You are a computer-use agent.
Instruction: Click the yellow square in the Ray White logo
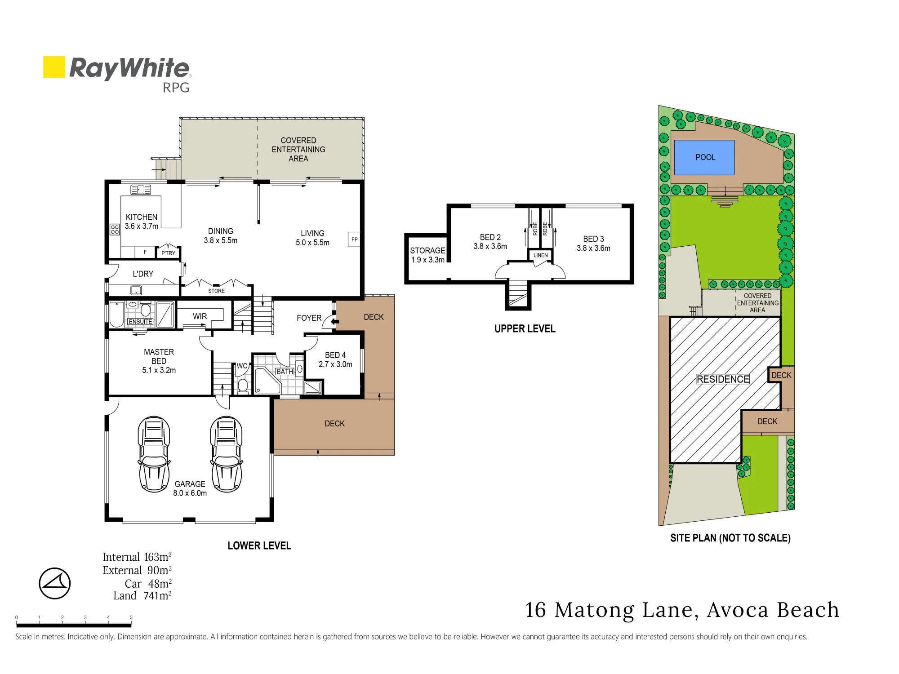[54, 67]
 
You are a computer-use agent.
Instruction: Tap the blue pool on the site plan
[704, 157]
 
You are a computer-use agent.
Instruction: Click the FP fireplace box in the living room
[354, 239]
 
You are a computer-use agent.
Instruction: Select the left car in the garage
[154, 454]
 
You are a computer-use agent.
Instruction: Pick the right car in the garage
[227, 454]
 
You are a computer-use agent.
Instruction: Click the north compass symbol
[55, 583]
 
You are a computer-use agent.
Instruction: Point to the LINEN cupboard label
[541, 255]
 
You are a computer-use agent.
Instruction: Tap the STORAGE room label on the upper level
[427, 251]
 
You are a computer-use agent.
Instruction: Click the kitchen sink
[141, 190]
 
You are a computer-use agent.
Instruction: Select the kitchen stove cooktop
[115, 229]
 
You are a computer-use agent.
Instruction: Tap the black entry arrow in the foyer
[334, 321]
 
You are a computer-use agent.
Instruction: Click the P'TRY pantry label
[169, 253]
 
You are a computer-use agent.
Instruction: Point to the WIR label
[200, 316]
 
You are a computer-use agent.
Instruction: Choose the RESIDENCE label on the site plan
[723, 379]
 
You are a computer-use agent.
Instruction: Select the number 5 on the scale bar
[131, 617]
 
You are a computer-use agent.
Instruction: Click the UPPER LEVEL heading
[525, 329]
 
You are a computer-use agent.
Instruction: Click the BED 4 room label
[335, 355]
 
